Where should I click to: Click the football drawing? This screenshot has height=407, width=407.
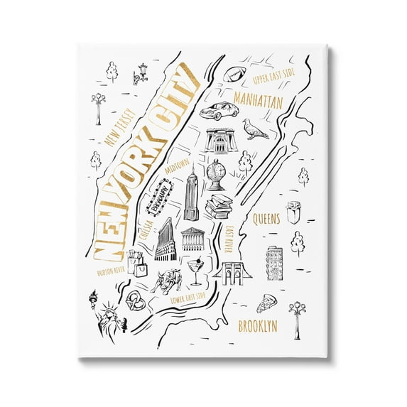(x=234, y=73)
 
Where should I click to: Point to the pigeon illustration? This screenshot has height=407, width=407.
(x=254, y=129)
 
